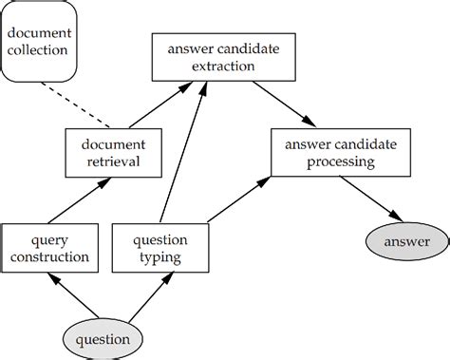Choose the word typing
(159, 256)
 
